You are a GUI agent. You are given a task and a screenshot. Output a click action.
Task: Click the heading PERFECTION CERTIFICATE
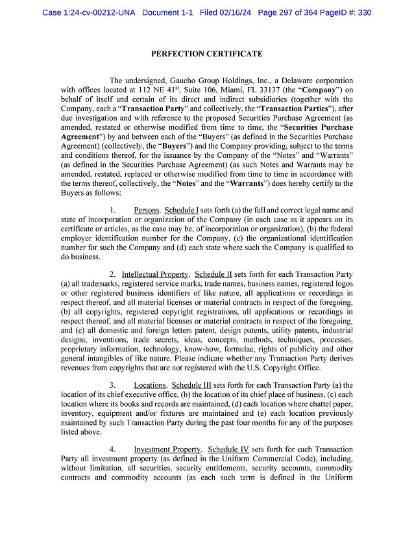click(x=206, y=53)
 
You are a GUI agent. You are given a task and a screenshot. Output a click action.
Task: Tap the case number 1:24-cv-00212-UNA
click(x=89, y=12)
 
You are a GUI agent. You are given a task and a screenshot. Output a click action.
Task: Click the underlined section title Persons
click(x=147, y=211)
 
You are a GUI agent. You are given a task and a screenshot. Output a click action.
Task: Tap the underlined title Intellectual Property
click(x=155, y=274)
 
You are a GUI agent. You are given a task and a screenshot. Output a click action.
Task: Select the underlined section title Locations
click(x=150, y=385)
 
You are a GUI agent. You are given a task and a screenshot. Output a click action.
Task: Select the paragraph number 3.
click(x=112, y=385)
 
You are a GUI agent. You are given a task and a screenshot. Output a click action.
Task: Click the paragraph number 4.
click(x=112, y=450)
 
